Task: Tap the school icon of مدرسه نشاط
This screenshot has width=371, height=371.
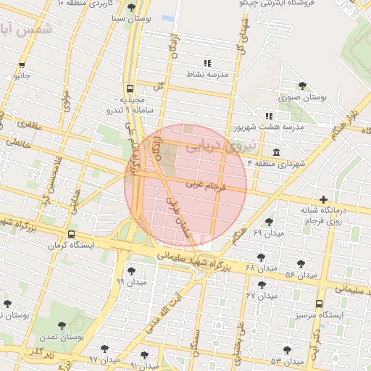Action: [x=207, y=63]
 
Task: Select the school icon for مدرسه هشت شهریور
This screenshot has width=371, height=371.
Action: [x=269, y=116]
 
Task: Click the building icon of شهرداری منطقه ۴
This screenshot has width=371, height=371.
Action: [x=277, y=151]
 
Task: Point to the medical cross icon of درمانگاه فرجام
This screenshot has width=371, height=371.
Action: [x=322, y=199]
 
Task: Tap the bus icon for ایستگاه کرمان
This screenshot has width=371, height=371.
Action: [x=71, y=235]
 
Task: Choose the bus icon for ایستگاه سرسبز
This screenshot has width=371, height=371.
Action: [x=319, y=304]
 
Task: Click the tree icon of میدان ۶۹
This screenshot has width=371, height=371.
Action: [x=269, y=222]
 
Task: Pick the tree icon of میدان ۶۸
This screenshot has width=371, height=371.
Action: [x=260, y=257]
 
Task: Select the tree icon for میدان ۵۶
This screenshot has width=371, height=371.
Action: [x=301, y=264]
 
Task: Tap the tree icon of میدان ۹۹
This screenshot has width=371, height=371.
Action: [x=121, y=270]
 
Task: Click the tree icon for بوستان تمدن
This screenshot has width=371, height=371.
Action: [x=60, y=326]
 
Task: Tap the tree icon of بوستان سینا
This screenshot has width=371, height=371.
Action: [x=130, y=8]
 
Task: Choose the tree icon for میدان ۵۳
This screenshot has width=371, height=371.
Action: [x=287, y=350]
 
